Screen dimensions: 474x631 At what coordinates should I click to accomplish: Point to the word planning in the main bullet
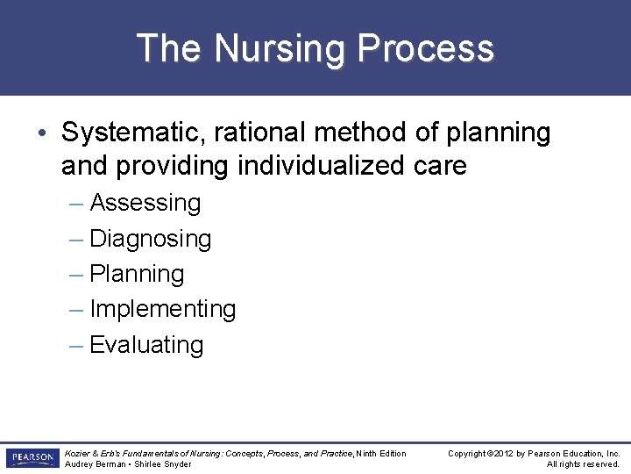tap(499, 133)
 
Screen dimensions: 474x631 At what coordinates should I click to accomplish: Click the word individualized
tap(308, 165)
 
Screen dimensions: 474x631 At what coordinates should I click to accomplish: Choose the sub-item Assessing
tap(145, 203)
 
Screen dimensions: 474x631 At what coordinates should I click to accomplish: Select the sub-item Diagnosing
tap(151, 239)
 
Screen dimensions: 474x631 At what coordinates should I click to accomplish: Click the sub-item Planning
tap(137, 274)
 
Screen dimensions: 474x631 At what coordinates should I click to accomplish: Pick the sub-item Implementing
tap(163, 310)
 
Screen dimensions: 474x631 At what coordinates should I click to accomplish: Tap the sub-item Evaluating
tap(146, 345)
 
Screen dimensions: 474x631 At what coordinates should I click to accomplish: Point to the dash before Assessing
tap(76, 203)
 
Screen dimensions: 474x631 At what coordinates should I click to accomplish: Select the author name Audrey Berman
tap(96, 464)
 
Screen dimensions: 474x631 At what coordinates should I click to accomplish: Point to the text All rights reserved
tap(584, 464)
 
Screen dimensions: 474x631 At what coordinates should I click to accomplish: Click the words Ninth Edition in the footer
tap(381, 454)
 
